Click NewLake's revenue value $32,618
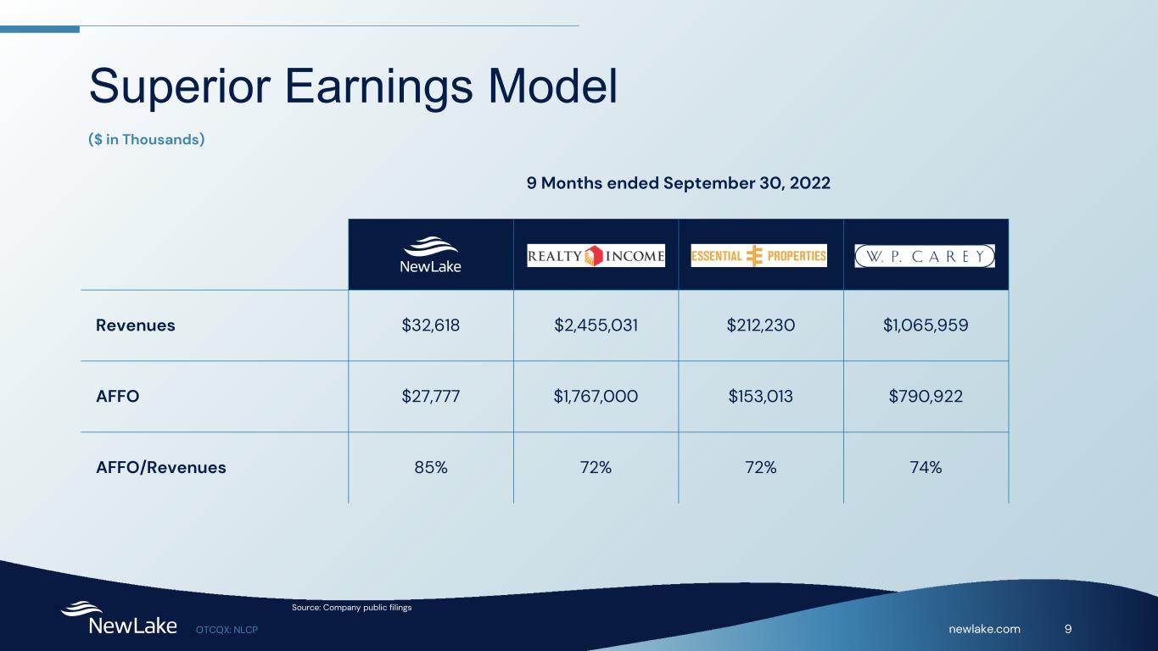431,325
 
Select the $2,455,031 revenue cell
596,325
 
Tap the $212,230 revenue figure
760,325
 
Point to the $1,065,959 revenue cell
926,325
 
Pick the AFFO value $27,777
431,397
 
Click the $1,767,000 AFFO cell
596,397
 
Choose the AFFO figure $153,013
760,397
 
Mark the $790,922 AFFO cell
926,397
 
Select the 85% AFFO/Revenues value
431,467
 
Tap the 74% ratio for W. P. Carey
926,467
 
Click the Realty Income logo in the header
596,256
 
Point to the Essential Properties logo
759,256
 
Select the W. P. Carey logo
925,256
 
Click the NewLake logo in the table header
431,254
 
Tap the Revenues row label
136,325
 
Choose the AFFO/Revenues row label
161,467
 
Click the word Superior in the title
179,86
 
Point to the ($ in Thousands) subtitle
147,140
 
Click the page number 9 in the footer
1068,629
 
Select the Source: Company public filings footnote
351,608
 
